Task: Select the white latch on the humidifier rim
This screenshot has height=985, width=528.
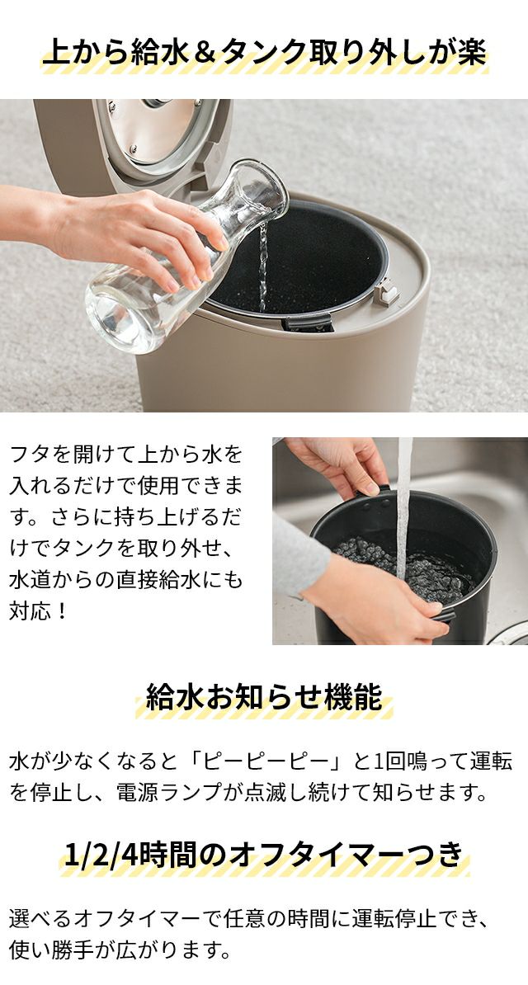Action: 387,293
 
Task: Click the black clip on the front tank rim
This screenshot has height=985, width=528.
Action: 307,323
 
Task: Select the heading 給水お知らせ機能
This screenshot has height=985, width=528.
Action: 264,698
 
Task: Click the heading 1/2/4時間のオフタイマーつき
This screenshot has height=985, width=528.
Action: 264,855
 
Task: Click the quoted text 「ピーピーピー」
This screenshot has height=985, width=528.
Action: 265,761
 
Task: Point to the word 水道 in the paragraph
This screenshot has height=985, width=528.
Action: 31,579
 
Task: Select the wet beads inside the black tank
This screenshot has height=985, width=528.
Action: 403,565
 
